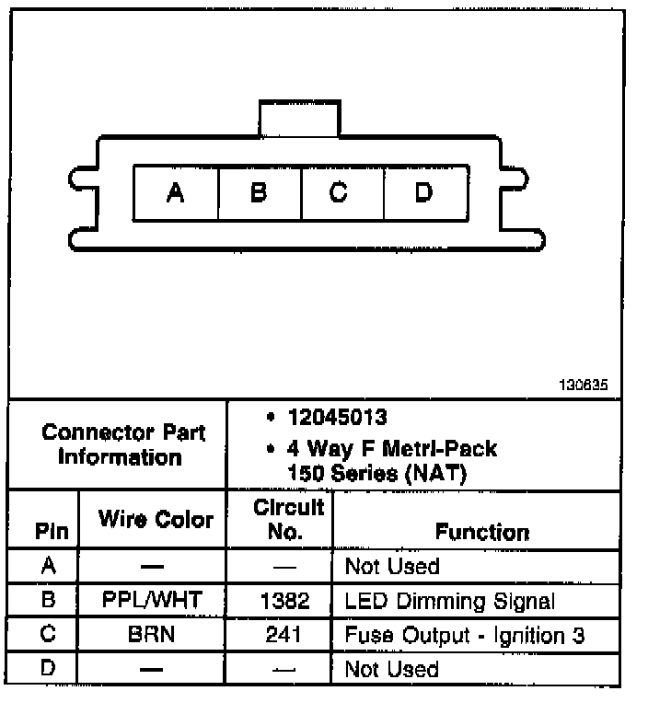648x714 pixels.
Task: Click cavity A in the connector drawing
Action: click(175, 193)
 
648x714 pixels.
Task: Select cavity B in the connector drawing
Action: click(259, 193)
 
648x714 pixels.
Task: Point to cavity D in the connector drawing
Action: click(423, 193)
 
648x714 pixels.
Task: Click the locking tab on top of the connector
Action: click(300, 118)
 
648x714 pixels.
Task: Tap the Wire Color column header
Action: click(156, 520)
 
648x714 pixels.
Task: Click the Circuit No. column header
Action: click(288, 519)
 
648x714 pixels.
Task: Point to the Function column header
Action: click(482, 532)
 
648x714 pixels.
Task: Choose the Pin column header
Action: click(52, 532)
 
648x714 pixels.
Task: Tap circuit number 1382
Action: click(286, 601)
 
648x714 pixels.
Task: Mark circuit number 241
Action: click(286, 635)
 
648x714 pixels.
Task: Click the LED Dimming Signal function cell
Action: click(449, 602)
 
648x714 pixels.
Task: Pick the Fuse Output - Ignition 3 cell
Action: click(464, 635)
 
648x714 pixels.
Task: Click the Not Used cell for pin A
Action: click(392, 567)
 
